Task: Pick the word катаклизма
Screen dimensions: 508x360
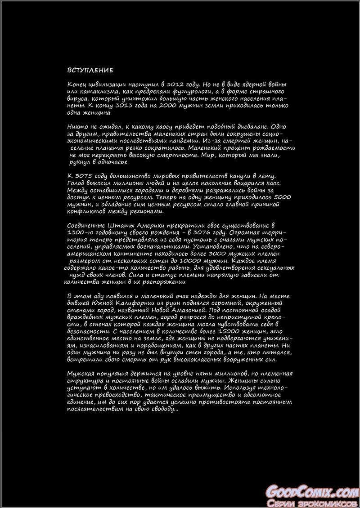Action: [96, 91]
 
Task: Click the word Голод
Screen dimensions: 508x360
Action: [76, 183]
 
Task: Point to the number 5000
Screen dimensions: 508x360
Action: [283, 196]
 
